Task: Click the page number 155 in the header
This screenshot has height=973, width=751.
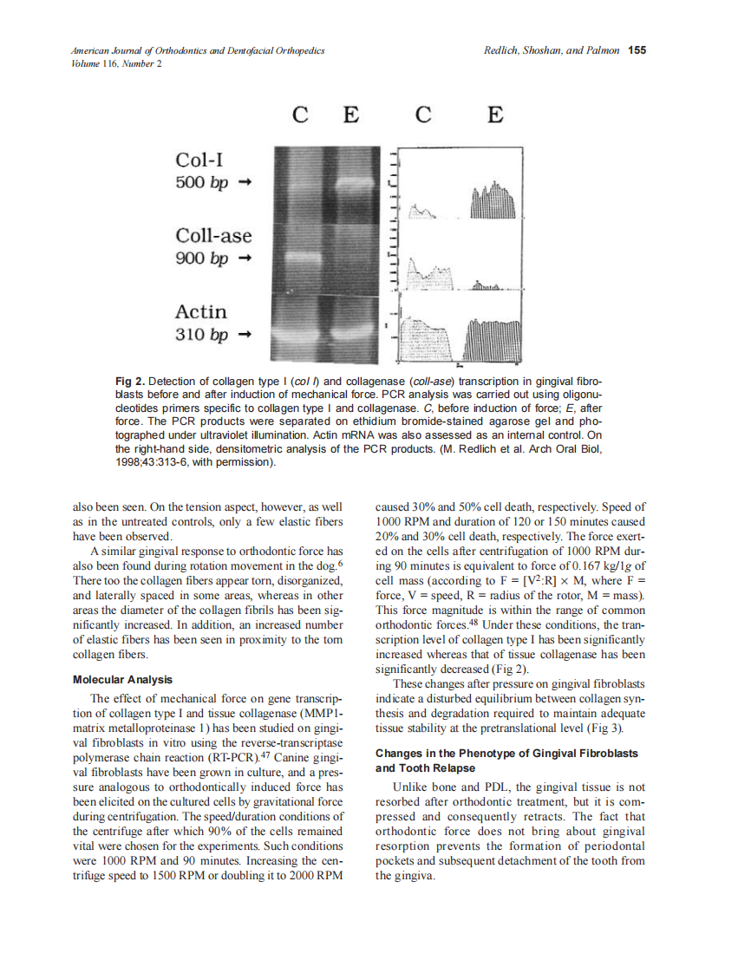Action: click(x=637, y=50)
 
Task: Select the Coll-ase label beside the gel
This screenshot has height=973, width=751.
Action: click(x=213, y=235)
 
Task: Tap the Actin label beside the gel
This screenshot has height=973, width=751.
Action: click(x=201, y=311)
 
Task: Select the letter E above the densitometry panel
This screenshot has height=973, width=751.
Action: click(x=494, y=114)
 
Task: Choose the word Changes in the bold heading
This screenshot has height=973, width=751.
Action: click(x=400, y=754)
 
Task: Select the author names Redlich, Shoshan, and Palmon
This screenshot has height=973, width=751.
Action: click(x=552, y=50)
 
